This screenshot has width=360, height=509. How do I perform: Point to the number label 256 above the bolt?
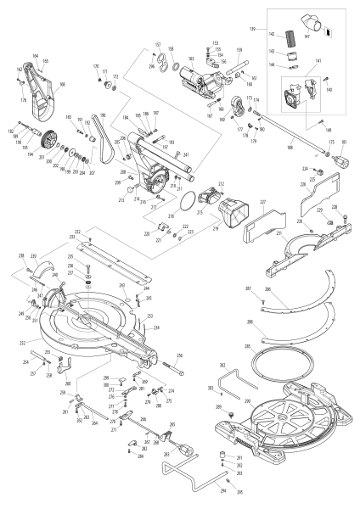point(179,355)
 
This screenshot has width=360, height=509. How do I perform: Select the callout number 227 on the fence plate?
point(262,202)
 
